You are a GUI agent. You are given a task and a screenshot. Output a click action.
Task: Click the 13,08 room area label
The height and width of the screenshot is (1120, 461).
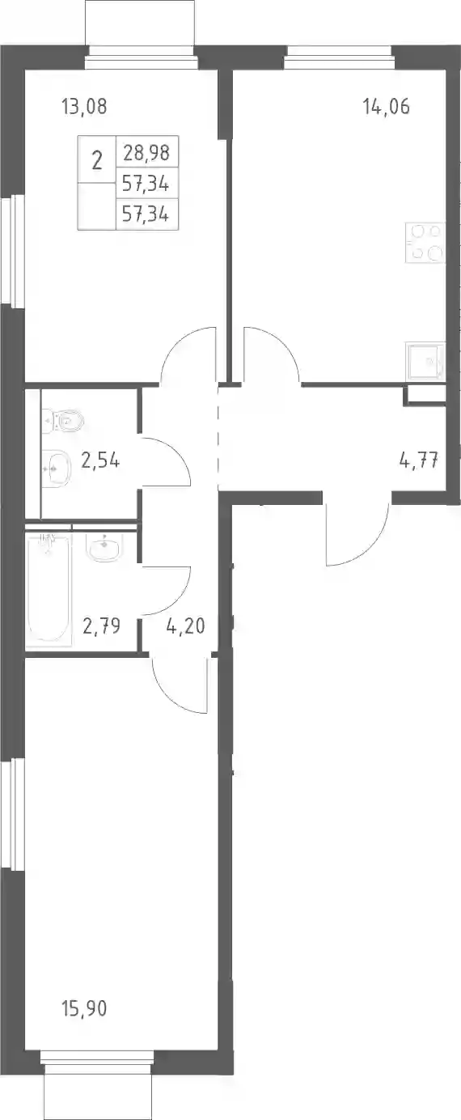(84, 106)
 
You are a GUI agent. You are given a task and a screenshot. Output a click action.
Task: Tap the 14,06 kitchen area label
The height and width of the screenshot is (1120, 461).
(387, 106)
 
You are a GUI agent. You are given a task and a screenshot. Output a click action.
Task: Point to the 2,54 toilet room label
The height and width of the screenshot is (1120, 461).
(100, 460)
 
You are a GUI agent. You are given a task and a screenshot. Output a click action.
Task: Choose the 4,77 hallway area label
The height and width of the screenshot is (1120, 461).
(419, 459)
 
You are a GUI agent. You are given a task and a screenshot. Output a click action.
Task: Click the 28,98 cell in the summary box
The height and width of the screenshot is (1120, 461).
(147, 152)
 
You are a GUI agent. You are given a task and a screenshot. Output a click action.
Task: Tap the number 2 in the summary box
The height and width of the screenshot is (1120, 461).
(97, 161)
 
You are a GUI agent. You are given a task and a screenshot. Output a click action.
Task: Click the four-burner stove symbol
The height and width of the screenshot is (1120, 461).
(425, 243)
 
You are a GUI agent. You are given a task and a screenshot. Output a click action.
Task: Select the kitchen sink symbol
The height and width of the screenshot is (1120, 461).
(425, 360)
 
